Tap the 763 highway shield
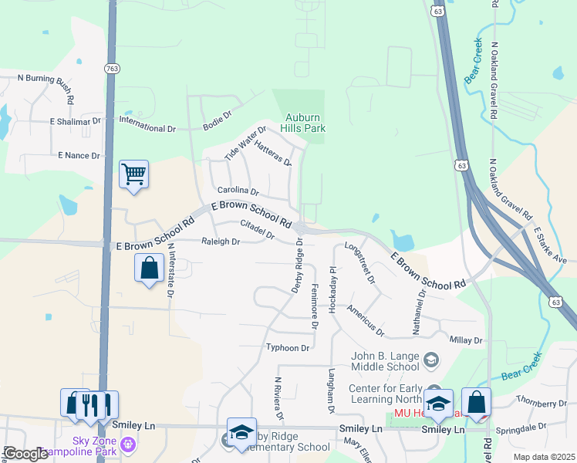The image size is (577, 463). click(x=111, y=69)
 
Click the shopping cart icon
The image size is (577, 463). click(x=133, y=174)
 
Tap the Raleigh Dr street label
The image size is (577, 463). click(x=221, y=242)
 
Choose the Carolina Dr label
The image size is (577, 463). click(x=238, y=190)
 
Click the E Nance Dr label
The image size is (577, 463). click(x=79, y=156)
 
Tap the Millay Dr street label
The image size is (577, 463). click(x=465, y=340)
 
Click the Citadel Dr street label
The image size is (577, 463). click(x=258, y=229)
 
